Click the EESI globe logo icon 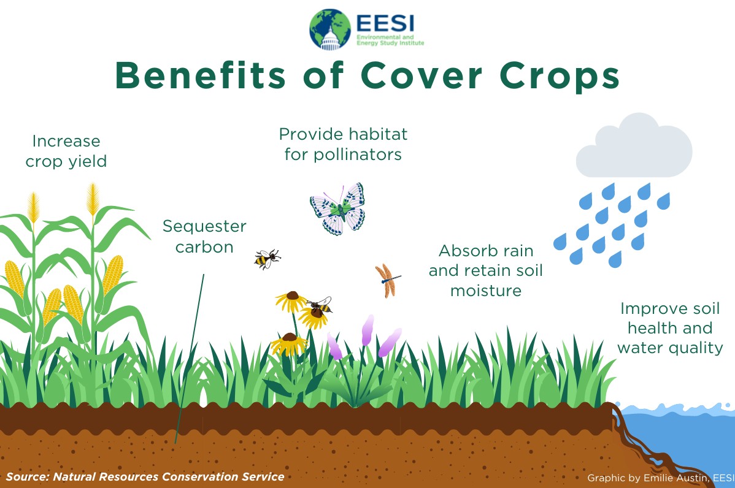pos(330,29)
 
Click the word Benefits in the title pos(201,75)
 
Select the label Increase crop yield pos(66,151)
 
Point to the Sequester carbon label pos(204,236)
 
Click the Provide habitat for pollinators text pos(343,144)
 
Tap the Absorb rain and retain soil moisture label pos(486,271)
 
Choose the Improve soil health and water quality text pos(670,328)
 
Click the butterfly pos(337,209)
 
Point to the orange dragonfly pos(387,281)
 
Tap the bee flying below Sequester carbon pos(267,259)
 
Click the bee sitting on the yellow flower pos(320,306)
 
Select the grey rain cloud pos(634,146)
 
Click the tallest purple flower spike pos(367,330)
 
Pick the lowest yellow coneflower pos(289,344)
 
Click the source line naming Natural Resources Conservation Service pos(145,477)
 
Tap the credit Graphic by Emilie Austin pos(661,478)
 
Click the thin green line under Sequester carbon pos(190,359)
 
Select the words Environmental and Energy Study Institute pos(390,40)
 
